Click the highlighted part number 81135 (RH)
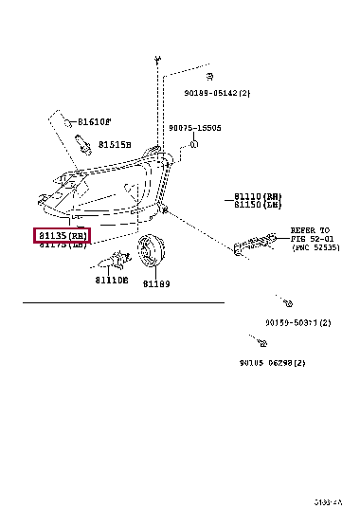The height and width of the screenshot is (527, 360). pyautogui.click(x=62, y=234)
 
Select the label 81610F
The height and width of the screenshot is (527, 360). pyautogui.click(x=95, y=122)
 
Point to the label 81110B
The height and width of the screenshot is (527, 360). pyautogui.click(x=112, y=280)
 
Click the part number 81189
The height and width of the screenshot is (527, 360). pyautogui.click(x=155, y=283)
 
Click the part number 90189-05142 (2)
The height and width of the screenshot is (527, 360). pyautogui.click(x=216, y=93)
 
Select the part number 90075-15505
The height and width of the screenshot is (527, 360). pyautogui.click(x=194, y=127)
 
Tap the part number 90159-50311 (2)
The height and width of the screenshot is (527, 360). pyautogui.click(x=297, y=322)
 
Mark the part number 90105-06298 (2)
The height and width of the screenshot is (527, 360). pyautogui.click(x=272, y=363)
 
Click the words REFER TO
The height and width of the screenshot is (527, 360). pyautogui.click(x=309, y=230)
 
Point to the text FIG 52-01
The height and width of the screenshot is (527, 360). pyautogui.click(x=310, y=239)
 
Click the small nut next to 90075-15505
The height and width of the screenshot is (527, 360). pyautogui.click(x=192, y=144)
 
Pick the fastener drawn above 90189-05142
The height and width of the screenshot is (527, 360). pyautogui.click(x=209, y=76)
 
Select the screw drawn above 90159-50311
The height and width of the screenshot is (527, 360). pyautogui.click(x=284, y=303)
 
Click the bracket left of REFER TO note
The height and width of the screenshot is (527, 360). pyautogui.click(x=254, y=245)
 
